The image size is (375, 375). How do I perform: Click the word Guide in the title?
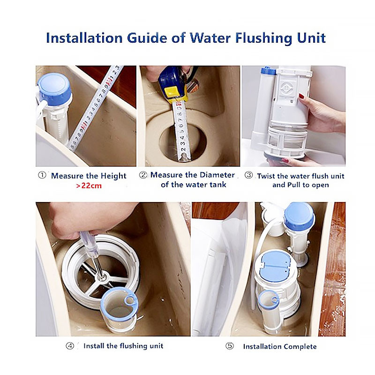tap(147, 38)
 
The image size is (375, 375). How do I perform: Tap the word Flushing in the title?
tap(264, 38)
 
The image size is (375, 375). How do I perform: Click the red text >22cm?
tap(89, 186)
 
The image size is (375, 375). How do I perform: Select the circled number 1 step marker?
tap(42, 175)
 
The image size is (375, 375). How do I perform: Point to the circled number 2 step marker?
tap(143, 175)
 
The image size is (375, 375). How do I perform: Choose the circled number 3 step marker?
tap(249, 175)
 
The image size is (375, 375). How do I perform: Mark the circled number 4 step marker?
tap(70, 346)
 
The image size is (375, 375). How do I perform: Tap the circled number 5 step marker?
tap(230, 346)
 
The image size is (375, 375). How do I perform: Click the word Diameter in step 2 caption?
tap(217, 175)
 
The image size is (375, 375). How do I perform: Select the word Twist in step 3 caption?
tap(266, 176)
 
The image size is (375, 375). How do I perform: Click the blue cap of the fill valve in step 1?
tap(54, 89)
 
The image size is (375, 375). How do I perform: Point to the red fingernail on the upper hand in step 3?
tap(301, 96)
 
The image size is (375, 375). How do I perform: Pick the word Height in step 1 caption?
tap(113, 176)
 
